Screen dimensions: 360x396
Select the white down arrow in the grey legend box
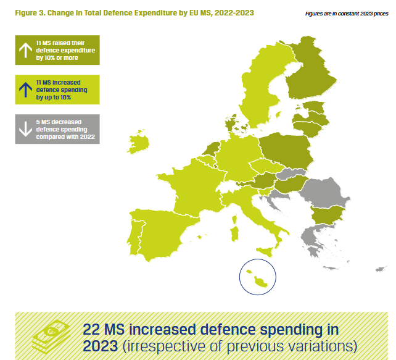point(26,128)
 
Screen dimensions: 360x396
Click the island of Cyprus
point(381,269)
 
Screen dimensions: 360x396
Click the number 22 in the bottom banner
point(94,329)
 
